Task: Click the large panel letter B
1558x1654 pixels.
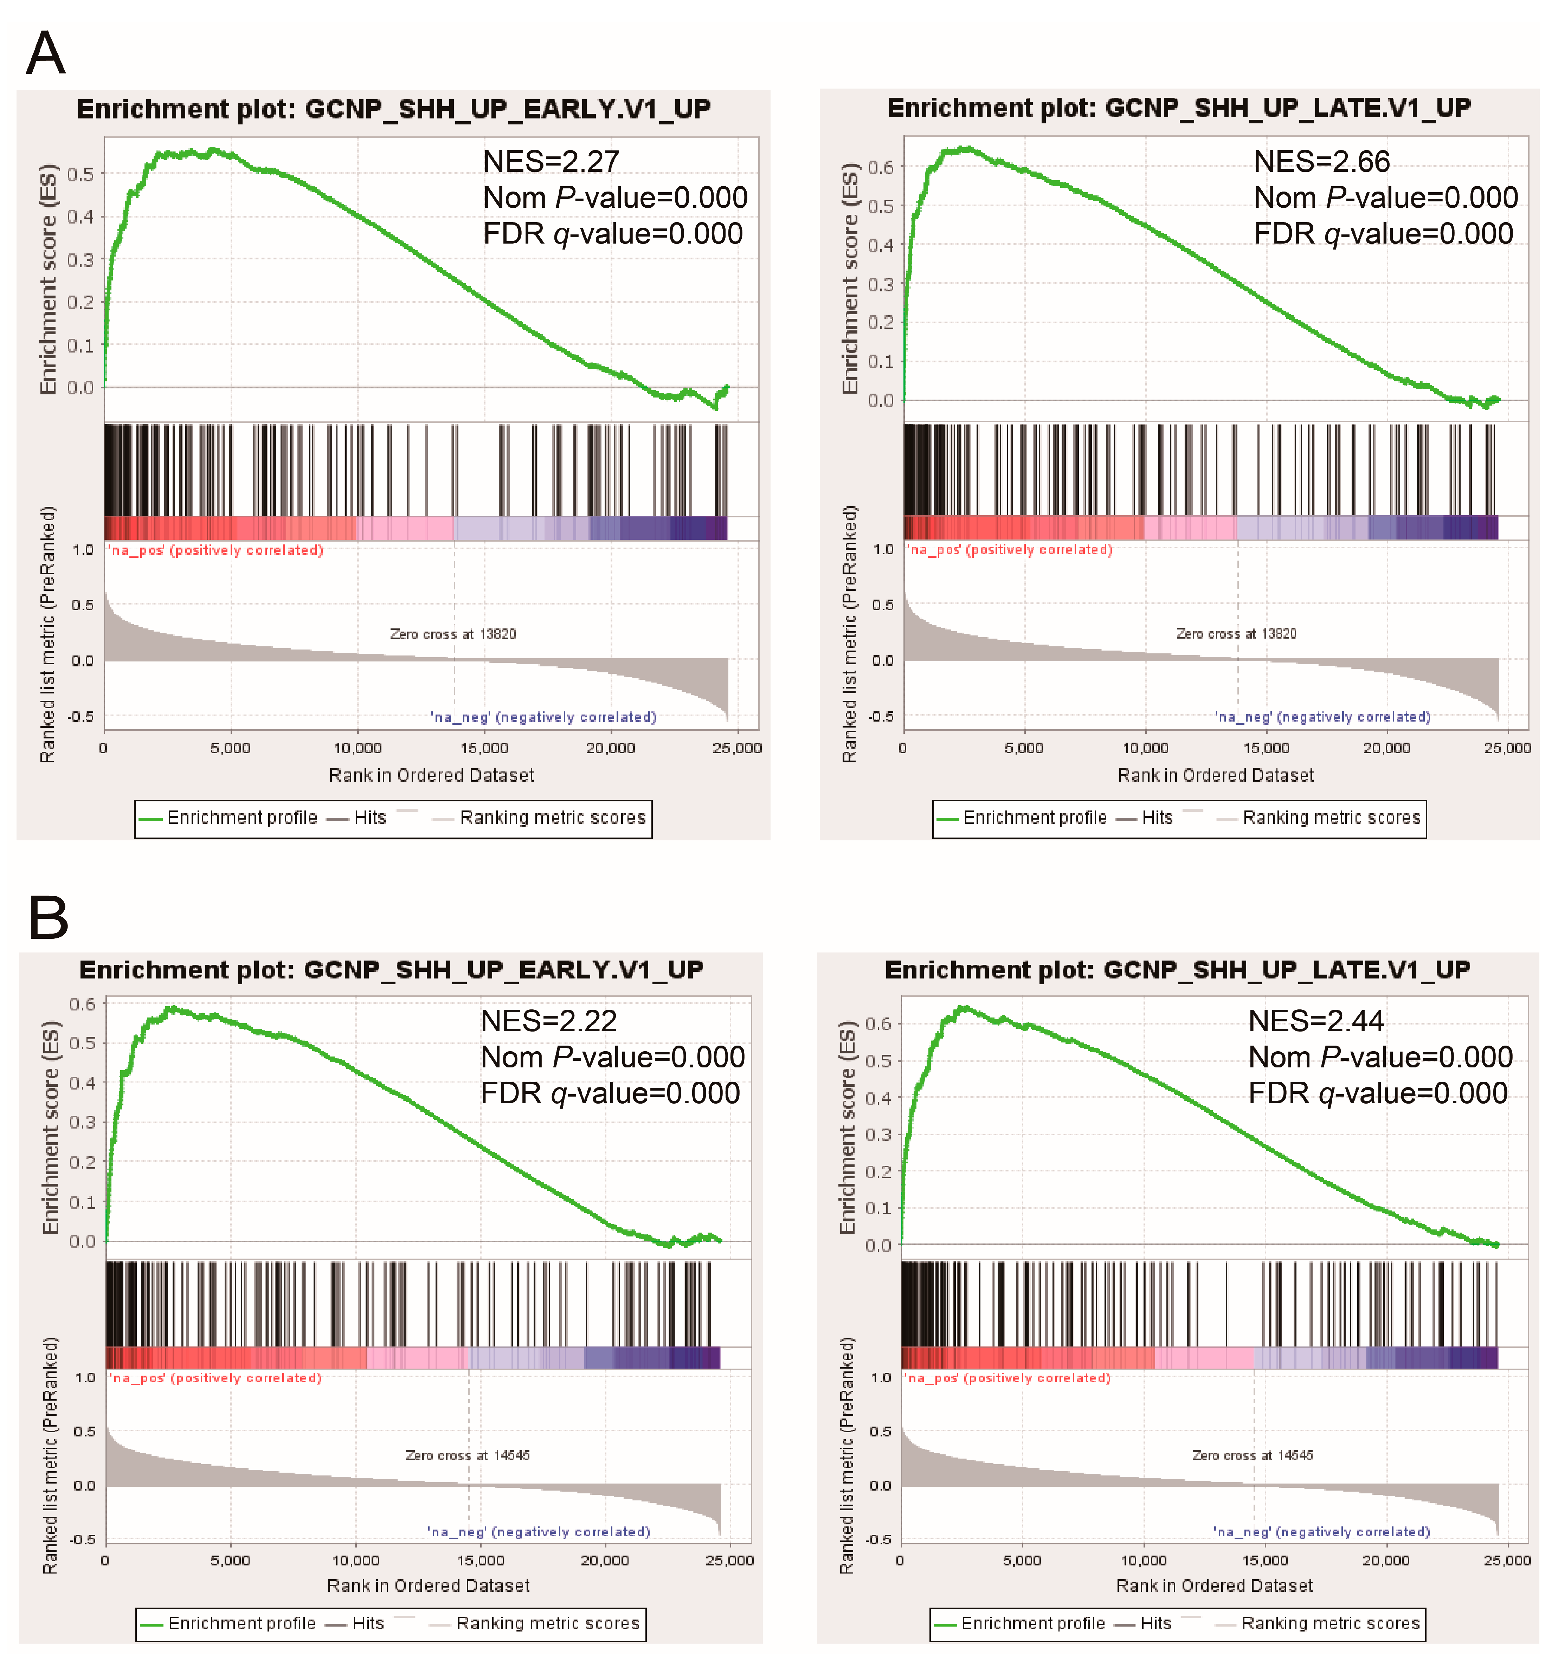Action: click(48, 918)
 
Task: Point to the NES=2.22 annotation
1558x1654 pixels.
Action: click(548, 1021)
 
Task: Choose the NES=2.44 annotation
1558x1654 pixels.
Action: click(1316, 1021)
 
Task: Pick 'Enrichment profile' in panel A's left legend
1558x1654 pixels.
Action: click(242, 818)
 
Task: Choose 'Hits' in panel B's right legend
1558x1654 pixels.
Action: click(1155, 1623)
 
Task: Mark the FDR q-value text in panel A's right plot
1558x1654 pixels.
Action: click(1383, 234)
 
